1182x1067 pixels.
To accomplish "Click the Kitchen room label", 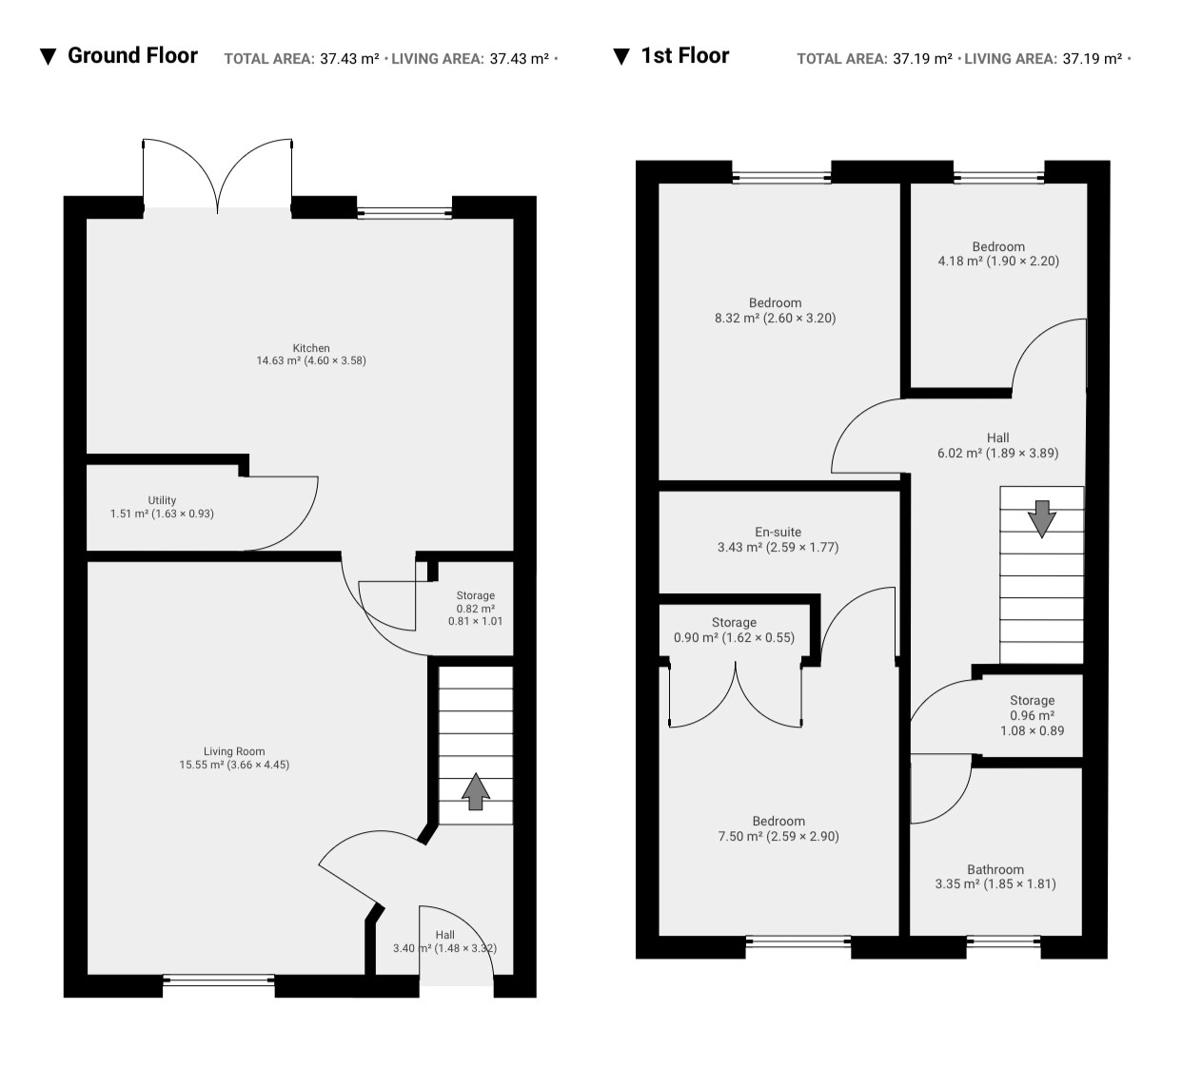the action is [311, 348].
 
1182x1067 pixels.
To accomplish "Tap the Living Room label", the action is [234, 751].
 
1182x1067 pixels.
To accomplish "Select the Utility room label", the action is [162, 500].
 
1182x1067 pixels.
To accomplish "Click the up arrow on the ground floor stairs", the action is [476, 791].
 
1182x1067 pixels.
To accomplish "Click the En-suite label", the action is [778, 532].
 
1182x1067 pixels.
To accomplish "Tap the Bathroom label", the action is [995, 869].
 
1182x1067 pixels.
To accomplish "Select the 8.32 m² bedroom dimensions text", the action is [775, 318].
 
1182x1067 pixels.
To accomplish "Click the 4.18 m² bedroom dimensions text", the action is [998, 261].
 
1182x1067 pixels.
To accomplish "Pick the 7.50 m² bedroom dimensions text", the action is [778, 836].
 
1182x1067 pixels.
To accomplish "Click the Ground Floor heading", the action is [132, 55].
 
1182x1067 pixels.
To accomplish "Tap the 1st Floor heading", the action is [684, 55].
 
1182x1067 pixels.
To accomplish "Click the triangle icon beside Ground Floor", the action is [48, 56].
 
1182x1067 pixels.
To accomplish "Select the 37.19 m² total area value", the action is [922, 59].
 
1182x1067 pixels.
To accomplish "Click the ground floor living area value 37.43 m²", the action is [519, 59].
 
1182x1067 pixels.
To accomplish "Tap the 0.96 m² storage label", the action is [1033, 715].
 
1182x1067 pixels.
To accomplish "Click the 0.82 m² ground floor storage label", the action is [476, 609].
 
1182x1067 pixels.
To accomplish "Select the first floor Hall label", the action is [997, 438].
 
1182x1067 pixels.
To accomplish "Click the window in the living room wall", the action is [219, 980].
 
